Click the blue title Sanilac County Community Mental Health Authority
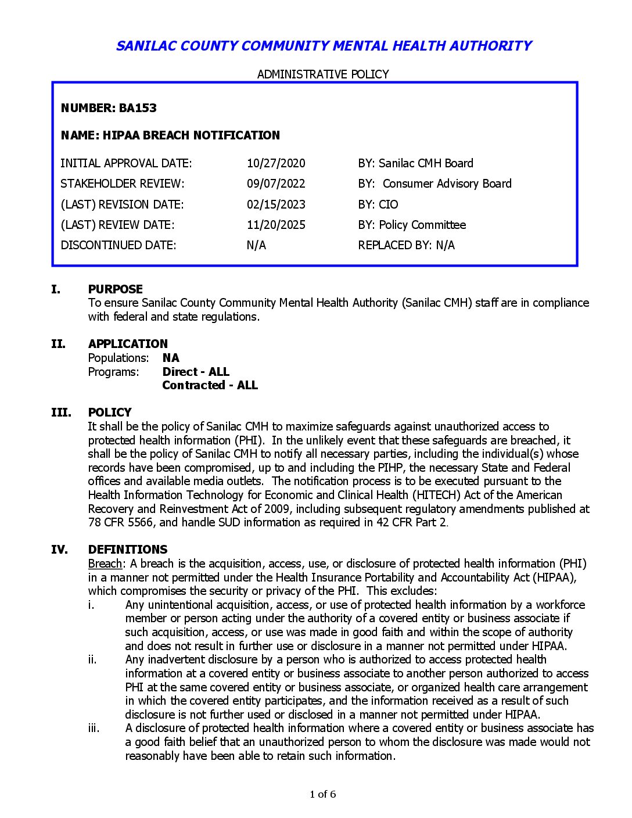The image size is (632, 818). [324, 46]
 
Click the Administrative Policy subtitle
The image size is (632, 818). [323, 74]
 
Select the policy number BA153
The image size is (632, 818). [138, 108]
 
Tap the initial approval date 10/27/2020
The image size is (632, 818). [276, 163]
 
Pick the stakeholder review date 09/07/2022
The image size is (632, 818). [276, 184]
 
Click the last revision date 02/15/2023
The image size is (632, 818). [276, 204]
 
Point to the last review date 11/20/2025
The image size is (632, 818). [276, 225]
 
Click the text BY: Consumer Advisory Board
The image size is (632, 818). [435, 184]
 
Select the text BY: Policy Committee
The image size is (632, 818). [412, 225]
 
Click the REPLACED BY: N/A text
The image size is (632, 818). [406, 245]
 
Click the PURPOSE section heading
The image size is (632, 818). [115, 289]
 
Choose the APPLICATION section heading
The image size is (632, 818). [128, 344]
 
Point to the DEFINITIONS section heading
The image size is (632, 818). [128, 550]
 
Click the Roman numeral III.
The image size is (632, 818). [61, 412]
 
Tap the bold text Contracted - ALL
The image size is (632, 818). [210, 385]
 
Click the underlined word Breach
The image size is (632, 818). [105, 564]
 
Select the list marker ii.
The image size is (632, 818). [92, 659]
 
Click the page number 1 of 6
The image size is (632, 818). [323, 794]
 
